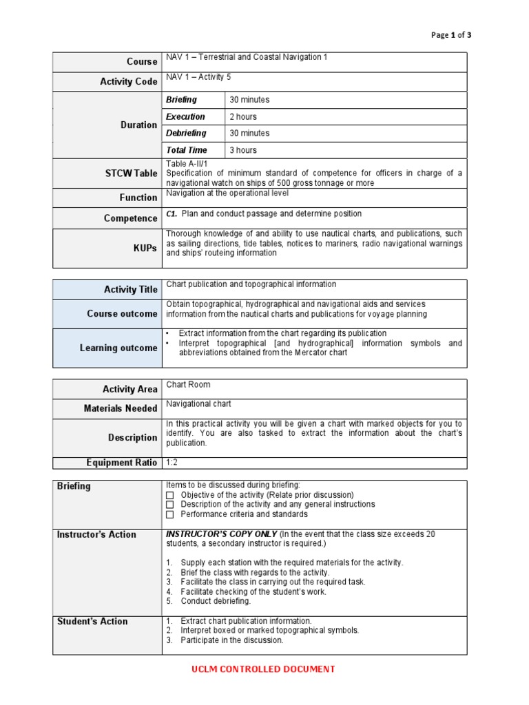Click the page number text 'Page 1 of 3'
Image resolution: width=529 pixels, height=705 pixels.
451,35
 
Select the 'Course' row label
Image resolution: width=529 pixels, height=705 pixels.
142,62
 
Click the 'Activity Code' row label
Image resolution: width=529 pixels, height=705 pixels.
129,81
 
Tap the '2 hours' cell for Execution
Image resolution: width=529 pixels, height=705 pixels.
242,116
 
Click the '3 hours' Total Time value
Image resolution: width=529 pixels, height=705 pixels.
242,150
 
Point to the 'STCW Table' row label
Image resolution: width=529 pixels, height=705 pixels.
131,173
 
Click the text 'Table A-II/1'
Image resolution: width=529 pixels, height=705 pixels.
187,163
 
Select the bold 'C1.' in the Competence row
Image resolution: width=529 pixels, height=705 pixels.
172,214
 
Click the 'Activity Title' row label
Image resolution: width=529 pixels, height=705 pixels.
131,289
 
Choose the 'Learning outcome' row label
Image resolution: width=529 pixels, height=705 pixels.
118,348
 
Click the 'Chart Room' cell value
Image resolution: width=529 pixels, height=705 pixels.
188,384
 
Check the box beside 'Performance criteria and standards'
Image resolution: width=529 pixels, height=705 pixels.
169,514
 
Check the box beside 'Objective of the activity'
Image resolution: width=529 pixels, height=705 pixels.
169,495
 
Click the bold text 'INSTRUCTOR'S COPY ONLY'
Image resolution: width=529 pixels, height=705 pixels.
222,534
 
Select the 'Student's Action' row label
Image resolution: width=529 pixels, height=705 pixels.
92,621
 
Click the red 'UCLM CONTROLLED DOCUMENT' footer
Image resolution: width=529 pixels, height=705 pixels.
264,669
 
